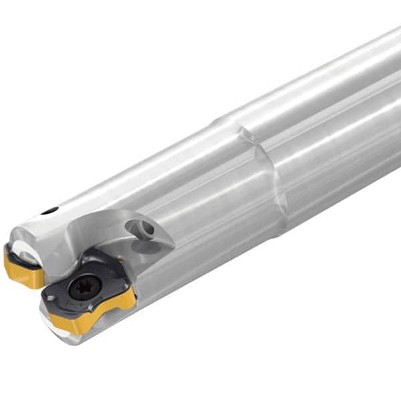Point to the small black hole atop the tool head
(49, 211)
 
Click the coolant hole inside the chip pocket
(145, 229)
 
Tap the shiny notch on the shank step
(249, 137)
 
